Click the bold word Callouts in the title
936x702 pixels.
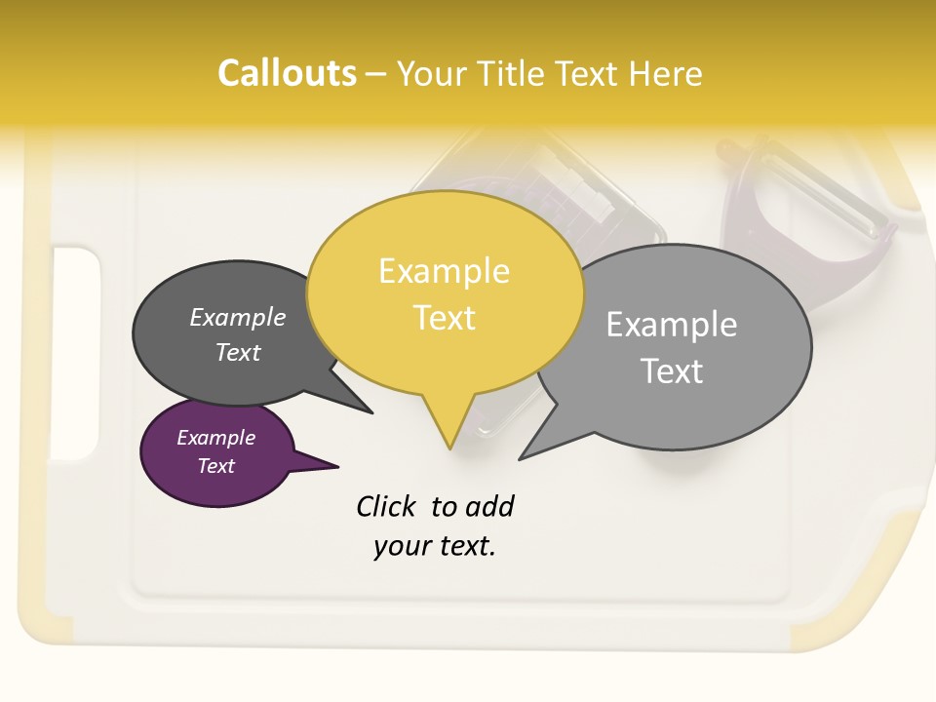click(287, 73)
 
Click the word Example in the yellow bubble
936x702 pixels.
click(444, 271)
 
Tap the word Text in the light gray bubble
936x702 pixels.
click(672, 371)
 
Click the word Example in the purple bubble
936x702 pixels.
click(215, 438)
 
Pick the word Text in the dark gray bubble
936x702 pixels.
click(238, 352)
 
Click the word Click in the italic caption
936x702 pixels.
click(387, 506)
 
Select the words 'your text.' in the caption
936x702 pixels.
click(435, 546)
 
